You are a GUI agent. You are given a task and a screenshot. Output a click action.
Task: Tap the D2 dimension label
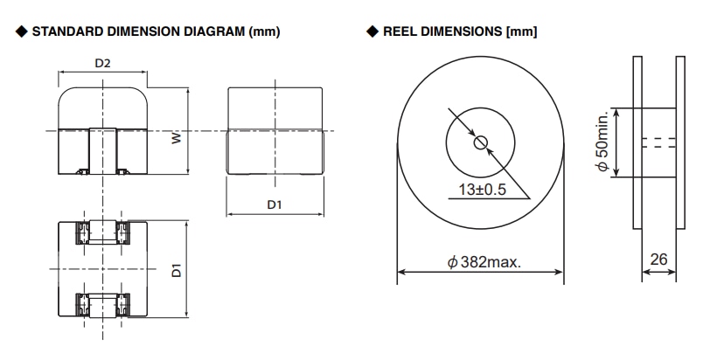pos(103,64)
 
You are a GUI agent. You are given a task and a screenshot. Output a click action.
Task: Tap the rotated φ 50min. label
pos(602,142)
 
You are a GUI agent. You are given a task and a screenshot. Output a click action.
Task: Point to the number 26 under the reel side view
pos(658,260)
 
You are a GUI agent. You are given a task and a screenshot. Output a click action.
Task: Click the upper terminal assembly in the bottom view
pos(103,233)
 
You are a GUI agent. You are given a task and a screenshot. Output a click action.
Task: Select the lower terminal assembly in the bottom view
pos(103,304)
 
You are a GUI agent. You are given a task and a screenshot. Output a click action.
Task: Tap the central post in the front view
pos(103,149)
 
